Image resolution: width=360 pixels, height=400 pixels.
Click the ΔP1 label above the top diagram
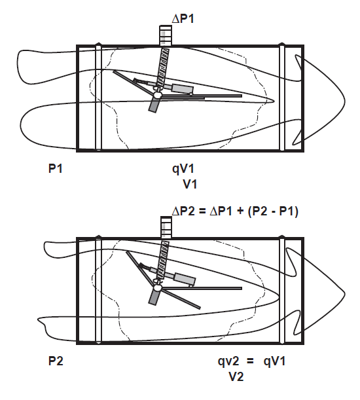(x=183, y=18)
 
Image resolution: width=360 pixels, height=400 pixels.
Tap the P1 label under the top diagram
(x=56, y=169)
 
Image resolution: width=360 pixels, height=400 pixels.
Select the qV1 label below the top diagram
(x=183, y=170)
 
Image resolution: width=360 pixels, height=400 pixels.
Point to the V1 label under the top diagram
(x=190, y=184)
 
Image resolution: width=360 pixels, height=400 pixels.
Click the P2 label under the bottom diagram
(x=56, y=361)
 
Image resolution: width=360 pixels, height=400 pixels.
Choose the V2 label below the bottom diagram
(x=236, y=376)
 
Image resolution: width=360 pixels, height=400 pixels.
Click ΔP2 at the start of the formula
(x=183, y=211)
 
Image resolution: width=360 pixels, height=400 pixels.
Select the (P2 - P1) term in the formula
(x=272, y=211)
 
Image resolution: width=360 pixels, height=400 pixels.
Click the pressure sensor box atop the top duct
(x=166, y=35)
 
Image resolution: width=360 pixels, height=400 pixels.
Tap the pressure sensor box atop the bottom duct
(x=166, y=227)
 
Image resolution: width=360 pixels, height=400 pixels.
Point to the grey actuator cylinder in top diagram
(x=183, y=89)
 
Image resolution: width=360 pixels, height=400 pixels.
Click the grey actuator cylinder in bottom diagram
(x=185, y=279)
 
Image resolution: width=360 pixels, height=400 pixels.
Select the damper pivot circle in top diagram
(x=156, y=95)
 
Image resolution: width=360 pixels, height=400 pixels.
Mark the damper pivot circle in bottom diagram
(x=157, y=288)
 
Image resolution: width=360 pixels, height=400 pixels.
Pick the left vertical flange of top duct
(x=98, y=97)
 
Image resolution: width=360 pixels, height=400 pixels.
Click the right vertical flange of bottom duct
(x=281, y=290)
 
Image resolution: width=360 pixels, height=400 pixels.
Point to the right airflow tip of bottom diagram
(x=344, y=294)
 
